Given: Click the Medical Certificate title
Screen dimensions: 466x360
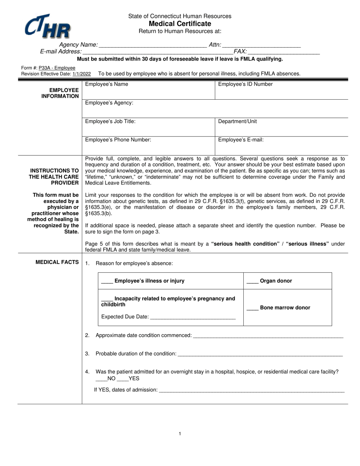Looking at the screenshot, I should pos(180,23).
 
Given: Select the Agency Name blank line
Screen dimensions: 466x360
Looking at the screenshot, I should pos(152,45).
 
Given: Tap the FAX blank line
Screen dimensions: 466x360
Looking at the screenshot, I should pos(284,52).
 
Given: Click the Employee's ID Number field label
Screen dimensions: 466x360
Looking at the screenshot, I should pos(245,84).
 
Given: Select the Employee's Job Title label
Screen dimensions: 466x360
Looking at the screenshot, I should pos(110,122).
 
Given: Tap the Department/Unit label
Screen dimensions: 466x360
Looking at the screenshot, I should pos(237,122).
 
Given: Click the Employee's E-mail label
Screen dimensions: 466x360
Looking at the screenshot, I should pos(241,140).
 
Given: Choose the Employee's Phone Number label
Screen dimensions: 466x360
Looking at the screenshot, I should pos(118,140).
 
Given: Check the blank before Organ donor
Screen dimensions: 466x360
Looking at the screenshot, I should pos(252,281).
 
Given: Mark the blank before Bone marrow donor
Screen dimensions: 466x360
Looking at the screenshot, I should pos(252,308).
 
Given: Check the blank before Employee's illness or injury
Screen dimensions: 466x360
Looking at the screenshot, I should pos(107,281).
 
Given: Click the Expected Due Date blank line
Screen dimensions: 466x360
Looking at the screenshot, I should pos(193,317).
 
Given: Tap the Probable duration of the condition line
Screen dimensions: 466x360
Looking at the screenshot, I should pos(260,354).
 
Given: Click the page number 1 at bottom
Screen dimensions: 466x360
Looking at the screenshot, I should pos(180,434).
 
